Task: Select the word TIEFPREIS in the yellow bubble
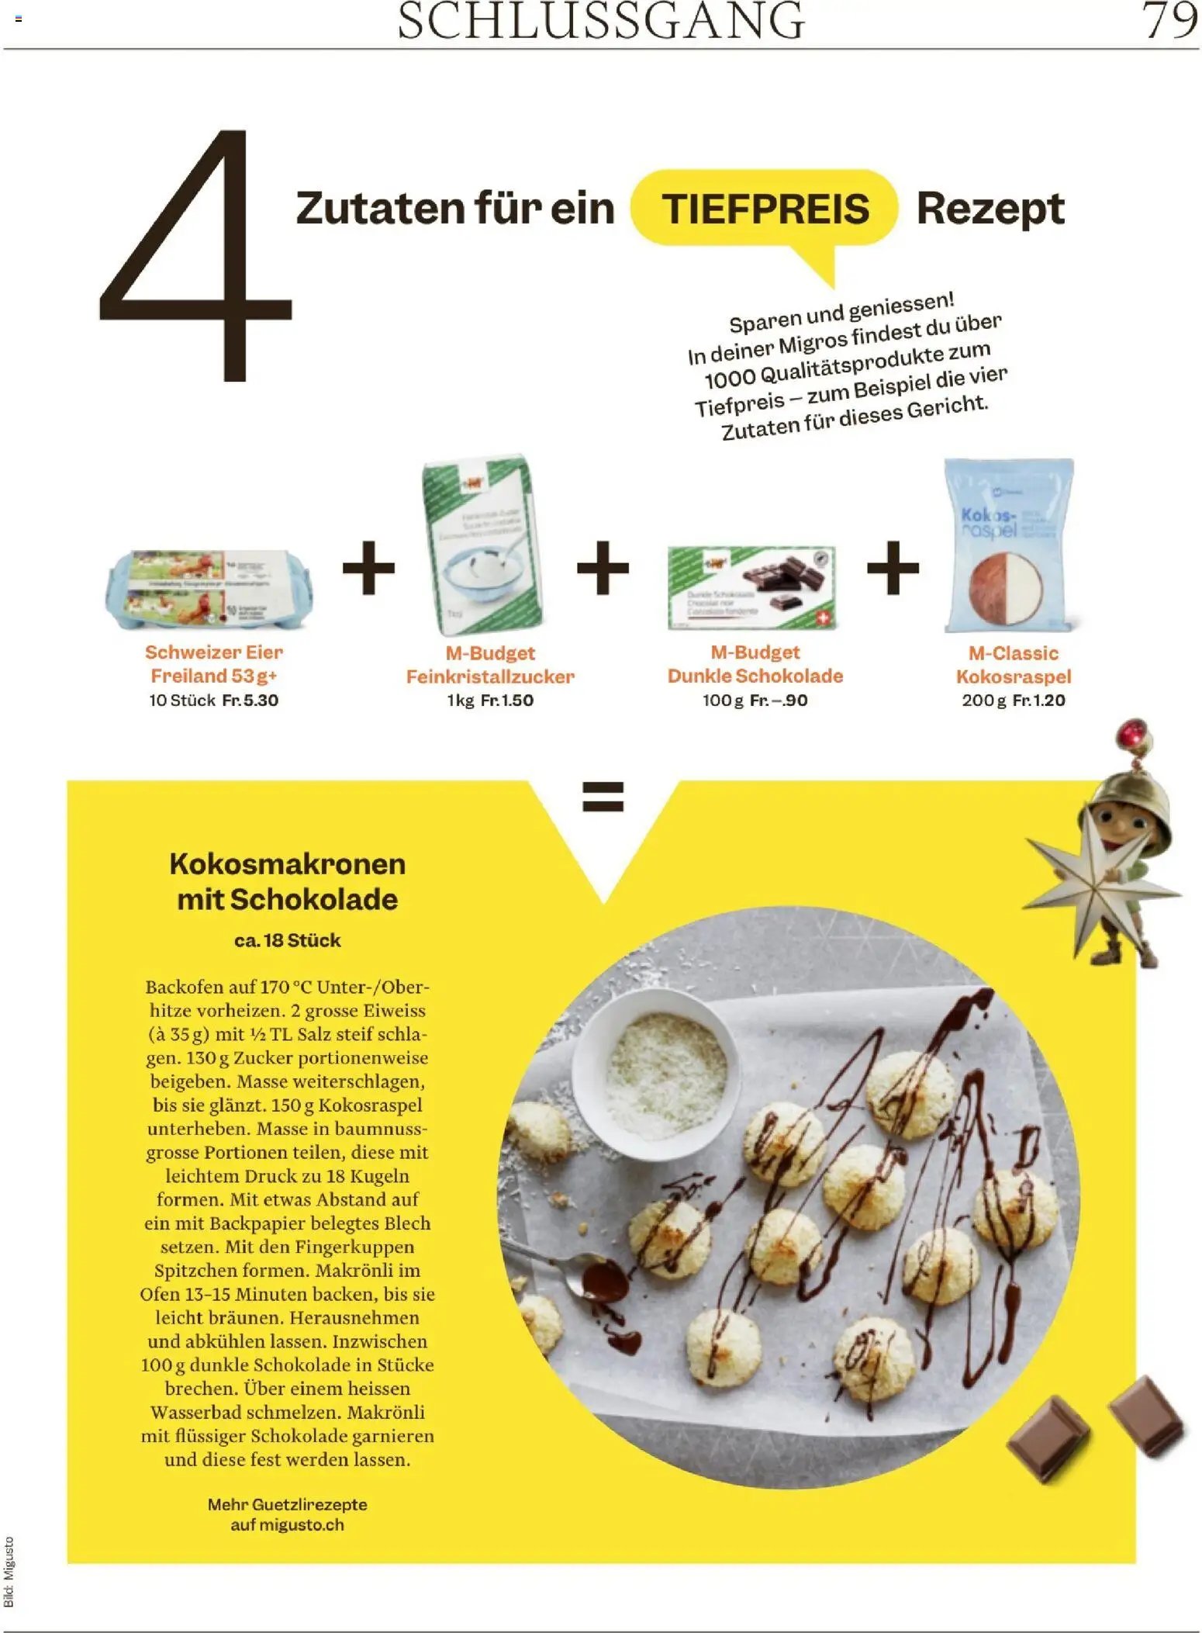click(765, 209)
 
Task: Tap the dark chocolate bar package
click(751, 586)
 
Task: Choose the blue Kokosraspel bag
click(1009, 545)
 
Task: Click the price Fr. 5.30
click(250, 700)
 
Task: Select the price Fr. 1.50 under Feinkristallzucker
click(506, 700)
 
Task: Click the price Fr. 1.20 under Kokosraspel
click(1038, 700)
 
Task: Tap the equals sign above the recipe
click(603, 796)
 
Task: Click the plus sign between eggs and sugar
click(368, 568)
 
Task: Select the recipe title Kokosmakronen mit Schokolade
click(287, 881)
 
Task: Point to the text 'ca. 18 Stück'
click(287, 940)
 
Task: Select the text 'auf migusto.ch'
click(287, 1524)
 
